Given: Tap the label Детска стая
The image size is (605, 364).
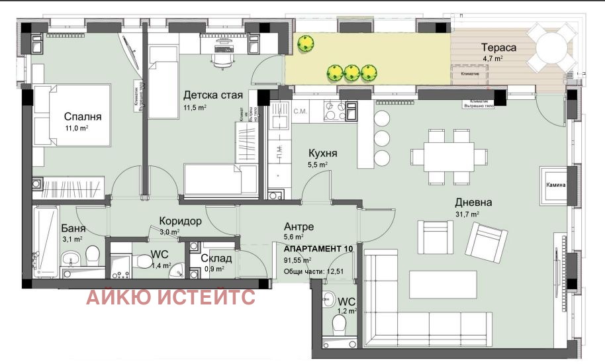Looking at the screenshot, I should tap(213, 95).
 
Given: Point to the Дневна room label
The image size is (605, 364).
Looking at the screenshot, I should tap(473, 203).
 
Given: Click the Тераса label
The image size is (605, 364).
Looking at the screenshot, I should tap(499, 48).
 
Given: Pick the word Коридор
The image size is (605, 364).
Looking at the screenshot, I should tap(179, 222).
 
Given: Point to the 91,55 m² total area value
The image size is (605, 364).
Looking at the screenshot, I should tap(299, 259).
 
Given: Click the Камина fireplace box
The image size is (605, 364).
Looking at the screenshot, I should tap(555, 185).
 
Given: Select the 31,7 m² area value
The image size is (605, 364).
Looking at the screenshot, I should tap(467, 214).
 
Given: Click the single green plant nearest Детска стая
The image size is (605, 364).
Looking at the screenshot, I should tap(304, 44).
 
